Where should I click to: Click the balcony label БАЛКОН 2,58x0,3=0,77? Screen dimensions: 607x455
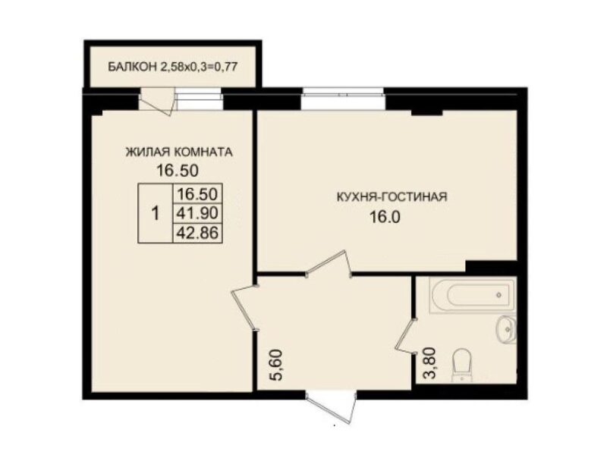(x=172, y=67)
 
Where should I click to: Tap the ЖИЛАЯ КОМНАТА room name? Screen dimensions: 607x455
(x=179, y=152)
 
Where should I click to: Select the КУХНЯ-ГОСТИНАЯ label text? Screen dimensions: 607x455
(x=392, y=196)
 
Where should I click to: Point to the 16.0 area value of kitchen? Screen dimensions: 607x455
(x=385, y=217)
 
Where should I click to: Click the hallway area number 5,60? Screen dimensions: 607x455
(x=278, y=366)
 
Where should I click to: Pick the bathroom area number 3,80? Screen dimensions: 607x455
(x=430, y=363)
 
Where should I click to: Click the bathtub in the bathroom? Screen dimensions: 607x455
(x=472, y=295)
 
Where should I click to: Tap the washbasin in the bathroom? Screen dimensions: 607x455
(x=506, y=329)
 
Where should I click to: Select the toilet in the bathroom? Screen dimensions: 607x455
(x=461, y=366)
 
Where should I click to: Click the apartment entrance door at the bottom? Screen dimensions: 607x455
(x=331, y=406)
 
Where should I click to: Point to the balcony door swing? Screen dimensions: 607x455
(x=157, y=102)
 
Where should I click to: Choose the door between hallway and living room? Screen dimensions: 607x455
(x=244, y=308)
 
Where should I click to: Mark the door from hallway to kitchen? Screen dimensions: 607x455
(x=329, y=263)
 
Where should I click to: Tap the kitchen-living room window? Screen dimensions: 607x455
(x=343, y=99)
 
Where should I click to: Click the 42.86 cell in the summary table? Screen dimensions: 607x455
(x=197, y=233)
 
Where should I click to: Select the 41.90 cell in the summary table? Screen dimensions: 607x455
(x=197, y=213)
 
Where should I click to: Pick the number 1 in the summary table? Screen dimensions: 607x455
(x=156, y=213)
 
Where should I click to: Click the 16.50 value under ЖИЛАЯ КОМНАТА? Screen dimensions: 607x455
(x=178, y=170)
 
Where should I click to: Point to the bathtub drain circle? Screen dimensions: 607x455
(x=498, y=295)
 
